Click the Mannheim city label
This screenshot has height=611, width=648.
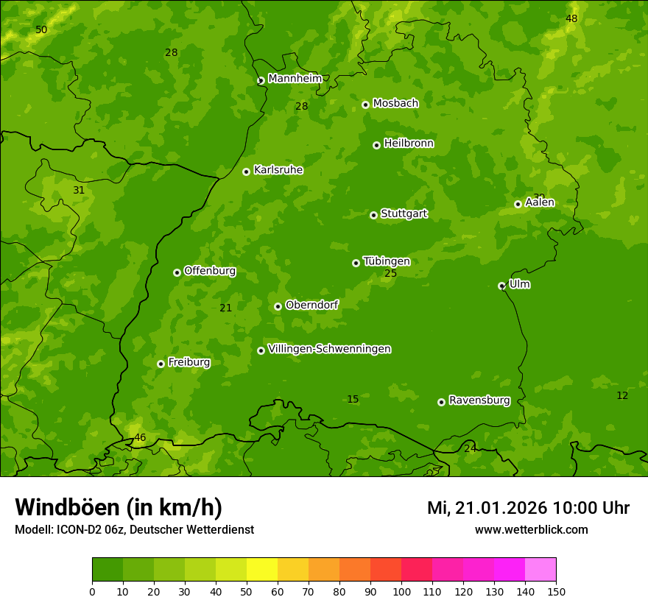(x=295, y=79)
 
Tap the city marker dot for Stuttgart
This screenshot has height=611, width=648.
(x=373, y=215)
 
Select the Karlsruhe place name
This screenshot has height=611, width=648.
(x=278, y=170)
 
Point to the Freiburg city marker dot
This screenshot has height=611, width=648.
(x=161, y=364)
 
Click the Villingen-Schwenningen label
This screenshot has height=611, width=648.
(x=329, y=349)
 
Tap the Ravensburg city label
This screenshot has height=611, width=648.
(x=479, y=400)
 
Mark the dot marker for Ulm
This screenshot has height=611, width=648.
(x=501, y=286)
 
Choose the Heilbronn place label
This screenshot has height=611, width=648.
(x=409, y=144)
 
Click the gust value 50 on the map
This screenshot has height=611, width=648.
(x=41, y=30)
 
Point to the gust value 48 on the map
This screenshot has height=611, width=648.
(x=571, y=18)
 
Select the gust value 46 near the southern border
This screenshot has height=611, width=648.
(x=140, y=438)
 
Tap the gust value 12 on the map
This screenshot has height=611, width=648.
(x=622, y=396)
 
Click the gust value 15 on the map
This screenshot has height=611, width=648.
(x=353, y=400)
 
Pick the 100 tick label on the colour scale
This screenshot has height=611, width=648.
(x=401, y=592)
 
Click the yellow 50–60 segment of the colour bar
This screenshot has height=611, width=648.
(x=262, y=570)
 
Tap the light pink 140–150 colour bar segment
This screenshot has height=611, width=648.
(x=540, y=570)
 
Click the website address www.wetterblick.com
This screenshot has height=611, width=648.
(x=531, y=530)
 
